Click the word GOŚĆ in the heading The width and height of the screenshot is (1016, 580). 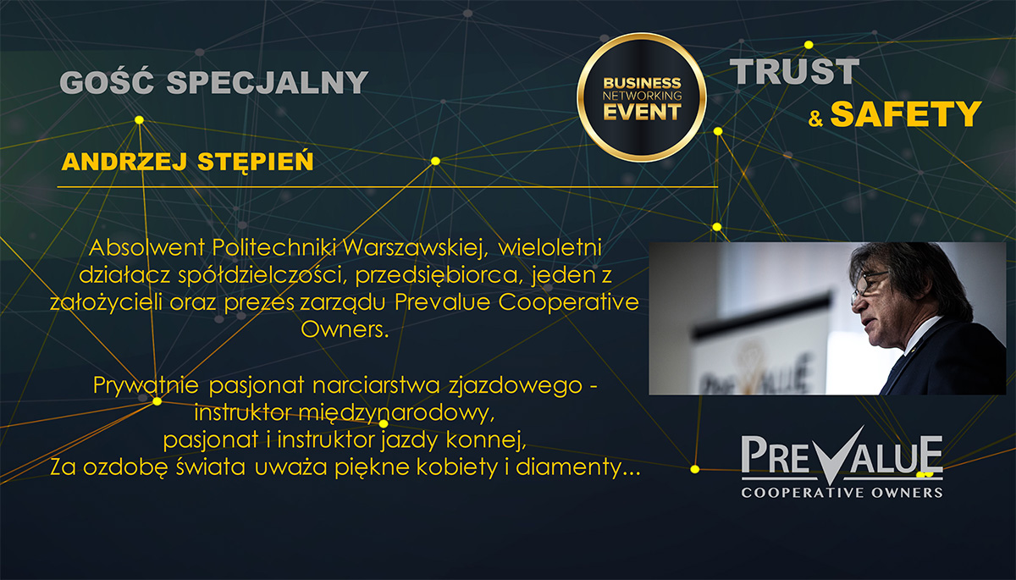pos(107,81)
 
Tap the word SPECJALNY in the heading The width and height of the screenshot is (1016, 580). pos(268,82)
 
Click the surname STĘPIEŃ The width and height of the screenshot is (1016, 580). pos(256,162)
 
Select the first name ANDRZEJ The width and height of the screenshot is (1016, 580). pos(124,162)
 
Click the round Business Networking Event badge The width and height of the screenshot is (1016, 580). pos(642,97)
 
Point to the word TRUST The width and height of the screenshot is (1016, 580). pos(794,72)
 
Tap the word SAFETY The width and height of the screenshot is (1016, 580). pos(906,113)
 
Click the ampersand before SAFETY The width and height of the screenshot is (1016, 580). pos(815,119)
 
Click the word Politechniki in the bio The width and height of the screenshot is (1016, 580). pos(273,247)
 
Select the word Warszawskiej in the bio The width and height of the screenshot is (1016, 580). pos(415,247)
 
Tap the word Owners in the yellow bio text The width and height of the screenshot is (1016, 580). pos(345,329)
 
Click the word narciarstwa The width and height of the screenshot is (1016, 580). pos(376,385)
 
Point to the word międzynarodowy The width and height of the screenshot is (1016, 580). pos(396,413)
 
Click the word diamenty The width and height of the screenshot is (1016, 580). pos(577,467)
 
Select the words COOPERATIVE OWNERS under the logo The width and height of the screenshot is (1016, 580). pos(842,493)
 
